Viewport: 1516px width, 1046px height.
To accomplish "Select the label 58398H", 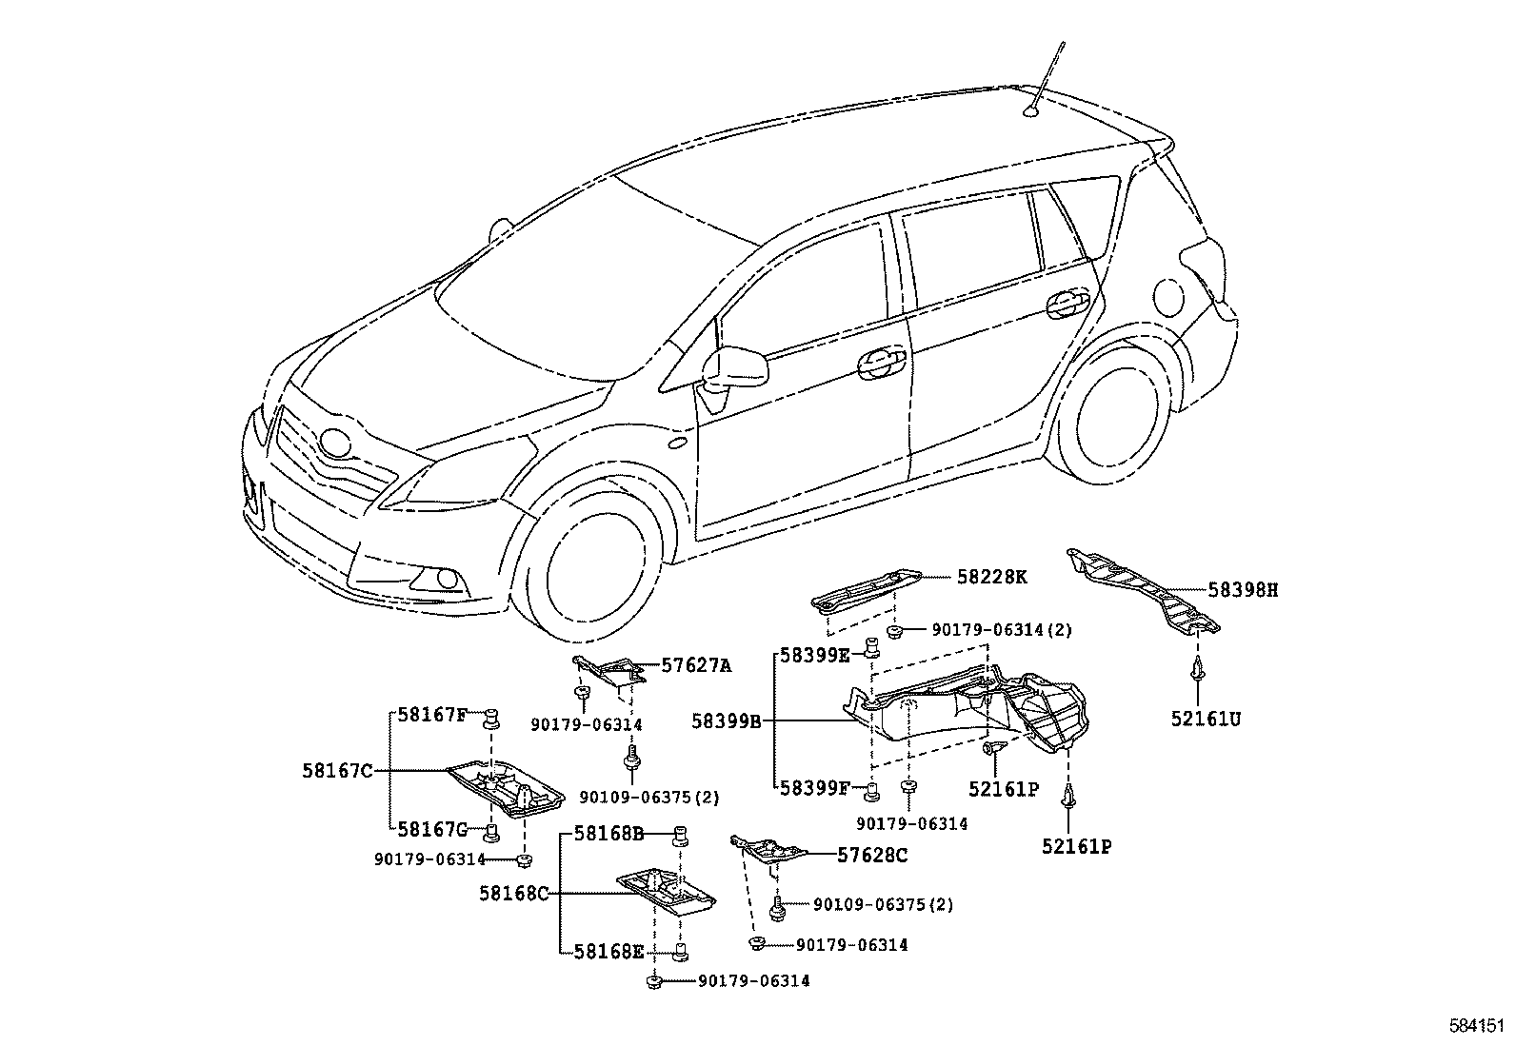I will (x=1243, y=590).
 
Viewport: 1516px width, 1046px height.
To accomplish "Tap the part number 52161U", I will (x=1206, y=720).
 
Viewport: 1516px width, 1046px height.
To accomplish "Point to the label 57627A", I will (x=696, y=666).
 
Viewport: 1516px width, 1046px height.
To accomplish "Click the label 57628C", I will (x=872, y=856).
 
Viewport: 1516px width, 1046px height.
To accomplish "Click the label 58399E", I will (x=815, y=655).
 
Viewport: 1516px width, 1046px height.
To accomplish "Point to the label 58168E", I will (x=609, y=952).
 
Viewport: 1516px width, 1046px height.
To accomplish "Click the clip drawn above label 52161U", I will (x=1196, y=670).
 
